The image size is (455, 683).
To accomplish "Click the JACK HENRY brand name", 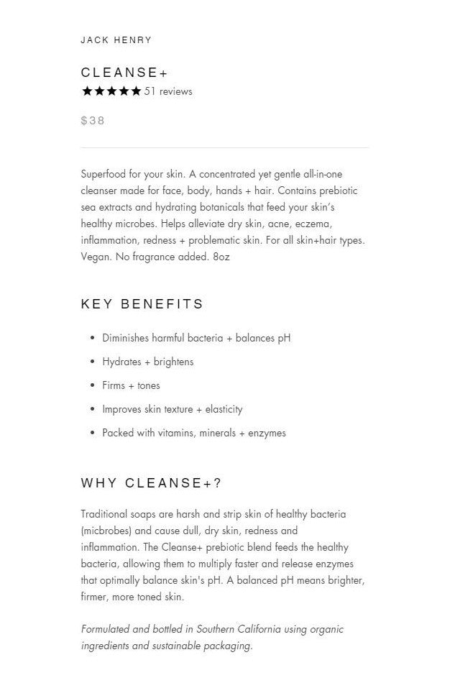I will (116, 40).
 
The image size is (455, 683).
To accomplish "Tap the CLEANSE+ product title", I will (124, 73).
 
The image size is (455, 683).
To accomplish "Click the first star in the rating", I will (87, 91).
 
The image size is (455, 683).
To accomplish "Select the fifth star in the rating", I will (136, 91).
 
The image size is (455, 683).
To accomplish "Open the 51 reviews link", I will (168, 91).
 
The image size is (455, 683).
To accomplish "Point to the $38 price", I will (93, 121).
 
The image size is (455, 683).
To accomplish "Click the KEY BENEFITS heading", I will (142, 304).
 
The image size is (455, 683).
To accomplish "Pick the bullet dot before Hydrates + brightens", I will (93, 362).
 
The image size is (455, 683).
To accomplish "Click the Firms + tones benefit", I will (131, 385).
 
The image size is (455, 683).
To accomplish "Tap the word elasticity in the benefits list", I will (224, 410).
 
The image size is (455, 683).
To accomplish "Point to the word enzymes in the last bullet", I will (267, 434).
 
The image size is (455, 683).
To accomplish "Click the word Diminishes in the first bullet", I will (125, 338).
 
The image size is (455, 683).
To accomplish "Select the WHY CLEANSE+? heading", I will (151, 483).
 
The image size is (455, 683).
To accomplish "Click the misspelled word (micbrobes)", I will (107, 531).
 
